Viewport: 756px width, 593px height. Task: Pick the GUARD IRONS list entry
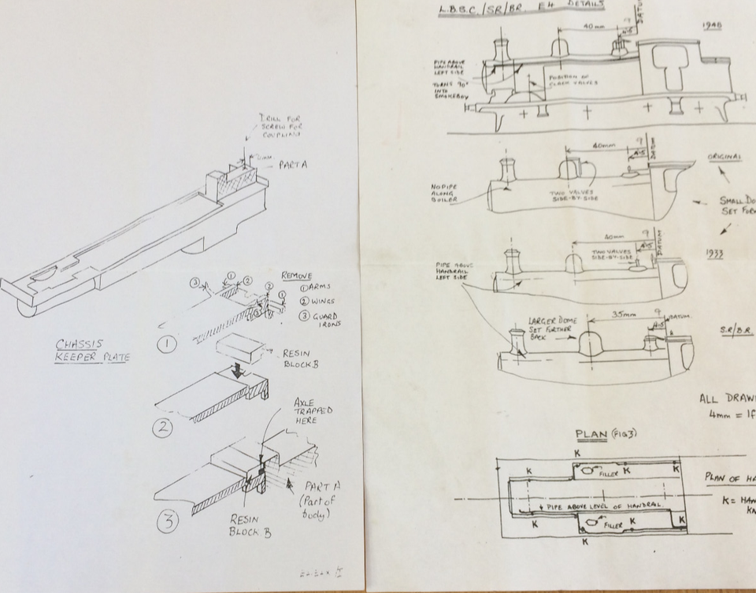click(x=315, y=321)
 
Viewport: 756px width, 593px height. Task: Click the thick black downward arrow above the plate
click(x=237, y=368)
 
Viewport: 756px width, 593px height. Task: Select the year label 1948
click(x=711, y=25)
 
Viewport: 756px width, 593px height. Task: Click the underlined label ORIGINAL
click(x=724, y=157)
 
